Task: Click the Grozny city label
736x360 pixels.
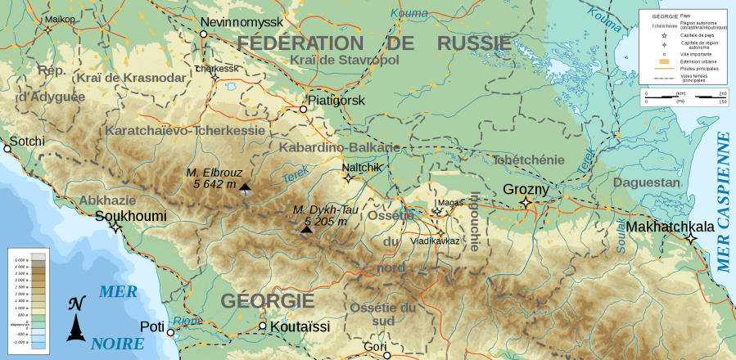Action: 525,190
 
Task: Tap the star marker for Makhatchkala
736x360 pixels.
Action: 691,238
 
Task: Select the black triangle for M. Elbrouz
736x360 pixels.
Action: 246,187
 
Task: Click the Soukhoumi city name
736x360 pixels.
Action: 131,216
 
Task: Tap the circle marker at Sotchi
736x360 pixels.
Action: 8,150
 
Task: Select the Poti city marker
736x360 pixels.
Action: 171,333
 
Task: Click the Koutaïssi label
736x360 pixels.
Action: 300,327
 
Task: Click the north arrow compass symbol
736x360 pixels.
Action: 76,319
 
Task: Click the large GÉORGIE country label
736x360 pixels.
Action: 268,300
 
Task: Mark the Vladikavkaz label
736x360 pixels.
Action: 435,241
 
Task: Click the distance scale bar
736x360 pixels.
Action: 684,99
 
